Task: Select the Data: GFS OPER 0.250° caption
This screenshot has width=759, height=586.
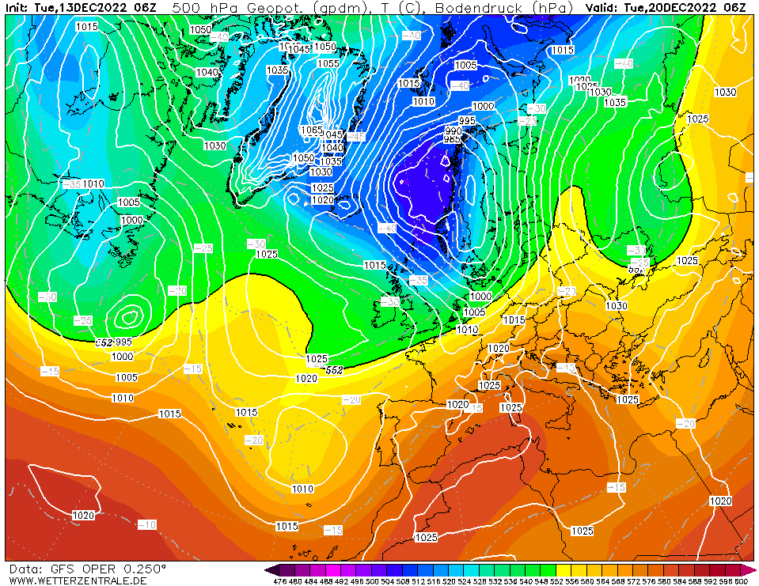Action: point(87,569)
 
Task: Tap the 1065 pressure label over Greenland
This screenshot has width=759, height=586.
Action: point(312,130)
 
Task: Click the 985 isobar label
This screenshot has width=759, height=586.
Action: point(452,139)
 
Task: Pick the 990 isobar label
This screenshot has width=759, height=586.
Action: point(453,130)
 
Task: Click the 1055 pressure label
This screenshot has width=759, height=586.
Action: point(328,64)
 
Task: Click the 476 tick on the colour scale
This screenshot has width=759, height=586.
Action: point(279,581)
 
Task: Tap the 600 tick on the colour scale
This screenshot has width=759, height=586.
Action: point(740,581)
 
